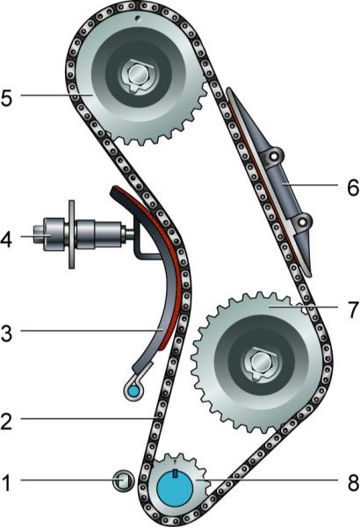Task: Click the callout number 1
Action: pyautogui.click(x=6, y=483)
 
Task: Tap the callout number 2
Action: pyautogui.click(x=7, y=421)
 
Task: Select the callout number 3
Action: pyautogui.click(x=7, y=333)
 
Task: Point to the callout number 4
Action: pyautogui.click(x=6, y=239)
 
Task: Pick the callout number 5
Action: pyautogui.click(x=7, y=97)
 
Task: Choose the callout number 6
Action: pyautogui.click(x=353, y=187)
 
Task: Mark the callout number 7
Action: pyautogui.click(x=353, y=309)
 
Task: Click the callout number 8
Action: pyautogui.click(x=353, y=483)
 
